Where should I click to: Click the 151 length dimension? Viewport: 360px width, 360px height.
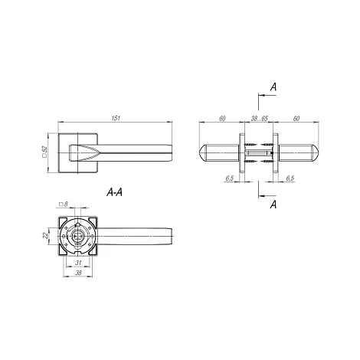click(116, 118)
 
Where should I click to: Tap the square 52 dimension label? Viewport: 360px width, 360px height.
click(44, 152)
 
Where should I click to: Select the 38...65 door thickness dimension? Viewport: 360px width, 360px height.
click(259, 119)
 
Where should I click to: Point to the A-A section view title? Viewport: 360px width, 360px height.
click(114, 192)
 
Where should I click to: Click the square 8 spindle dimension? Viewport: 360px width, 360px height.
click(64, 204)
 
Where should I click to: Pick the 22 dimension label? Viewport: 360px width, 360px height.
click(45, 235)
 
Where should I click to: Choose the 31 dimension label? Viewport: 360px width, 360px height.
click(78, 263)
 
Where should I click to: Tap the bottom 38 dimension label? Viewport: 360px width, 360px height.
click(78, 273)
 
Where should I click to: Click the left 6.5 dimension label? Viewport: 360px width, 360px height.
click(229, 178)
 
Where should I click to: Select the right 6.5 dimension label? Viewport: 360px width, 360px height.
click(290, 178)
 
